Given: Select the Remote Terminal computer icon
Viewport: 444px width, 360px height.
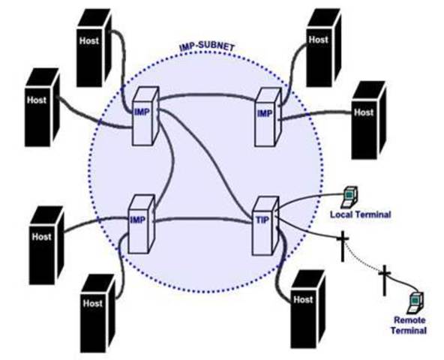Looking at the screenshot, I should point(412,302).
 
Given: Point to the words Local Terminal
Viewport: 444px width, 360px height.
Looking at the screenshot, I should point(360,214).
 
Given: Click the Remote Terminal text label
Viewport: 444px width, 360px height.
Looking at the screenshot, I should point(409,325).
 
